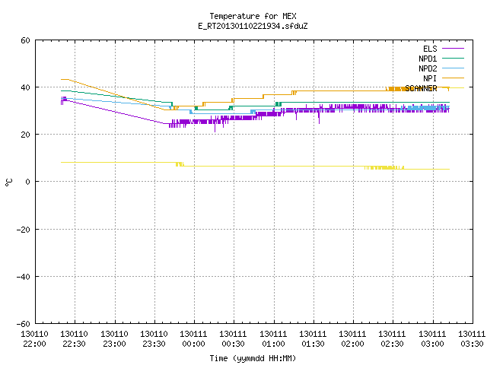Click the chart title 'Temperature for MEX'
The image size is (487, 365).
(253, 16)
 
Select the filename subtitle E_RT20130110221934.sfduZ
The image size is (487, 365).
(253, 26)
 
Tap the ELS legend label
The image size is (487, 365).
(430, 49)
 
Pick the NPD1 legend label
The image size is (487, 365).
(428, 59)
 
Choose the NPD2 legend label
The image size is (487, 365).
(428, 68)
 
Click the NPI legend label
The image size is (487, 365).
(430, 78)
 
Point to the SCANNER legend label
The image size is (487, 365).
(421, 88)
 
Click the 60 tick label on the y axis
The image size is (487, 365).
(25, 40)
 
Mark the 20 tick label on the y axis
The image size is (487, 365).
(25, 135)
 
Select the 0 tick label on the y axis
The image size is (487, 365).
(27, 182)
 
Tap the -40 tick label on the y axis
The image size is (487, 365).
(24, 277)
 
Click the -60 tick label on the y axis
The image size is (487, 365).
(24, 324)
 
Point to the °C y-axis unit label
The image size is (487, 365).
(9, 182)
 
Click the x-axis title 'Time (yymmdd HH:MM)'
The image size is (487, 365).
(253, 358)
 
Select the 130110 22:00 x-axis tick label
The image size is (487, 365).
(34, 339)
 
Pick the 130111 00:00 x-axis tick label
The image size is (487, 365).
(193, 339)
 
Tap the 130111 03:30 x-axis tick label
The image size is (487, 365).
(472, 339)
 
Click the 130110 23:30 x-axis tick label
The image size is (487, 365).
(154, 339)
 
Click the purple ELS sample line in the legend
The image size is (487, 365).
(454, 49)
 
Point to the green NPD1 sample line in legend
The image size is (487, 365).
(454, 59)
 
